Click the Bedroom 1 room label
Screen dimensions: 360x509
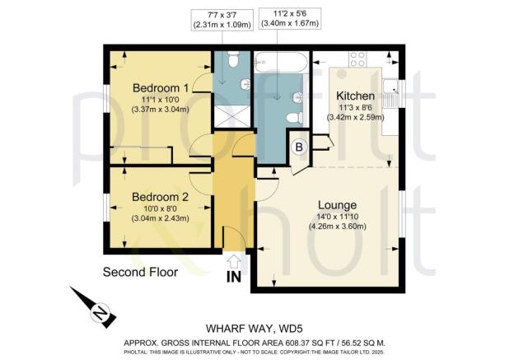pos(161,87)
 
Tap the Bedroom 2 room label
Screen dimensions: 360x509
pos(161,197)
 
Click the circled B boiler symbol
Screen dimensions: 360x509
pos(300,148)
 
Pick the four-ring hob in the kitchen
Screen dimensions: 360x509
pos(358,59)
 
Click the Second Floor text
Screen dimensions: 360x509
pos(139,272)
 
